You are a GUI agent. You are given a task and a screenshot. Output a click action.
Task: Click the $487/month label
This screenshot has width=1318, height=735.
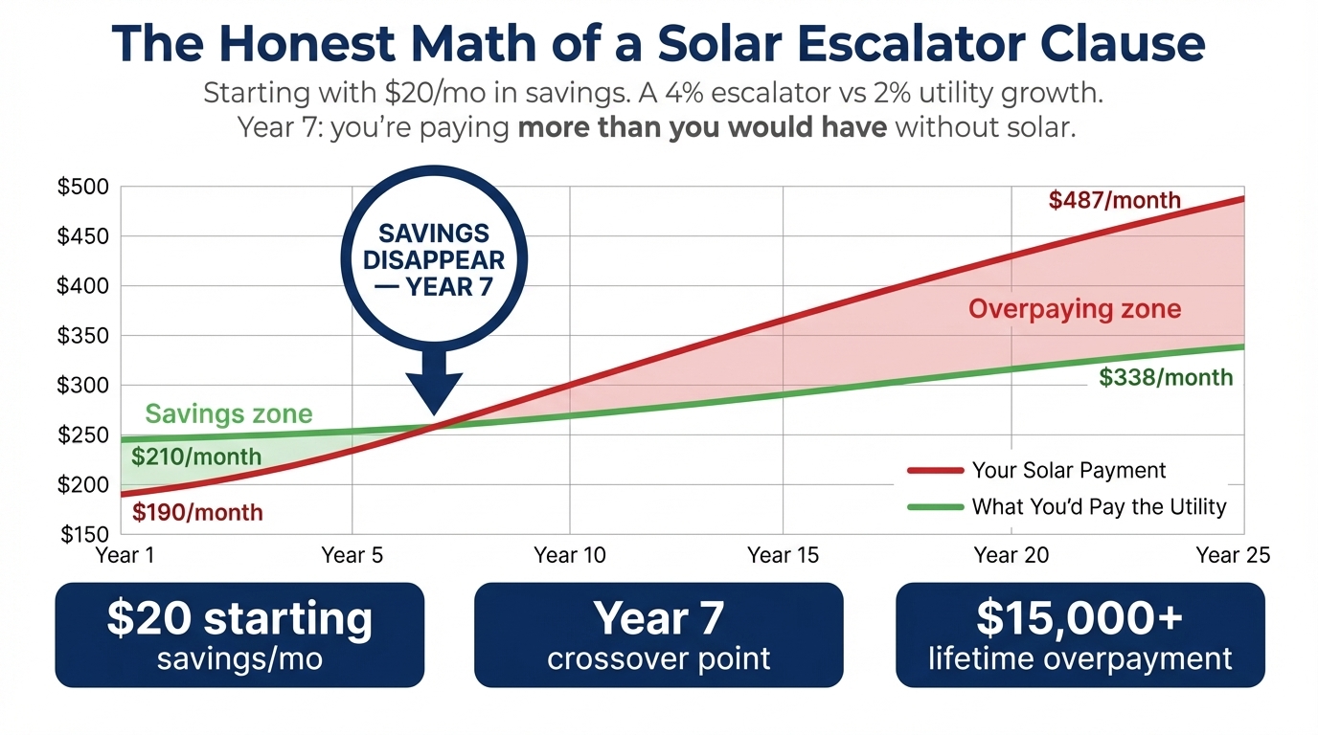point(1114,200)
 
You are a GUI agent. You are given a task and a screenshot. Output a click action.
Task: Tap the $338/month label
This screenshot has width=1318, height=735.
point(1166,377)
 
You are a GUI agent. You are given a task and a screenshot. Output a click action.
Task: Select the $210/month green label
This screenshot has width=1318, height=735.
point(195,457)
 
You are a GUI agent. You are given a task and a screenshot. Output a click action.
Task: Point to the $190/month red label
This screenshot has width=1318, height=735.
point(197,512)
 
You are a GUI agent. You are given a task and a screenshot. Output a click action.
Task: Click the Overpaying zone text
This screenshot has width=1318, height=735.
point(1074,309)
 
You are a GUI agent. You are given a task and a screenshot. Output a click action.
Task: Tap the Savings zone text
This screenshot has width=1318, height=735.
point(229,413)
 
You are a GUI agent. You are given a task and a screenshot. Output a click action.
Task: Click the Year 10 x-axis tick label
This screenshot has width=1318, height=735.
point(570,555)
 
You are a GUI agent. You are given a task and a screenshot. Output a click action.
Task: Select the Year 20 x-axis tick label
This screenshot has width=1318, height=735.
point(1011,555)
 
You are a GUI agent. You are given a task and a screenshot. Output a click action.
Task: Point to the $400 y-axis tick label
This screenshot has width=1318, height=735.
point(83,285)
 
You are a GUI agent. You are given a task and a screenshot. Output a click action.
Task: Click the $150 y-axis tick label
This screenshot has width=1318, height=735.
point(83,534)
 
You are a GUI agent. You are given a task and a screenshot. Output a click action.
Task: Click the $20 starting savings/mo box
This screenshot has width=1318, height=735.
point(239,635)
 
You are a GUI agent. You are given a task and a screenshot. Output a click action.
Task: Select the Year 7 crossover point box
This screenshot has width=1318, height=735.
point(659,635)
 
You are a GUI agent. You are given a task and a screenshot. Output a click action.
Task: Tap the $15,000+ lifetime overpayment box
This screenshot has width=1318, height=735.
point(1079,635)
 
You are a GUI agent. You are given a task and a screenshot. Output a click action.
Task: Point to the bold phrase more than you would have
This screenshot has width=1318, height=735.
point(701,127)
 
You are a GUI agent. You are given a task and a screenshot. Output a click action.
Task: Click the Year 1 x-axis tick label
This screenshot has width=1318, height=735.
point(125,555)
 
